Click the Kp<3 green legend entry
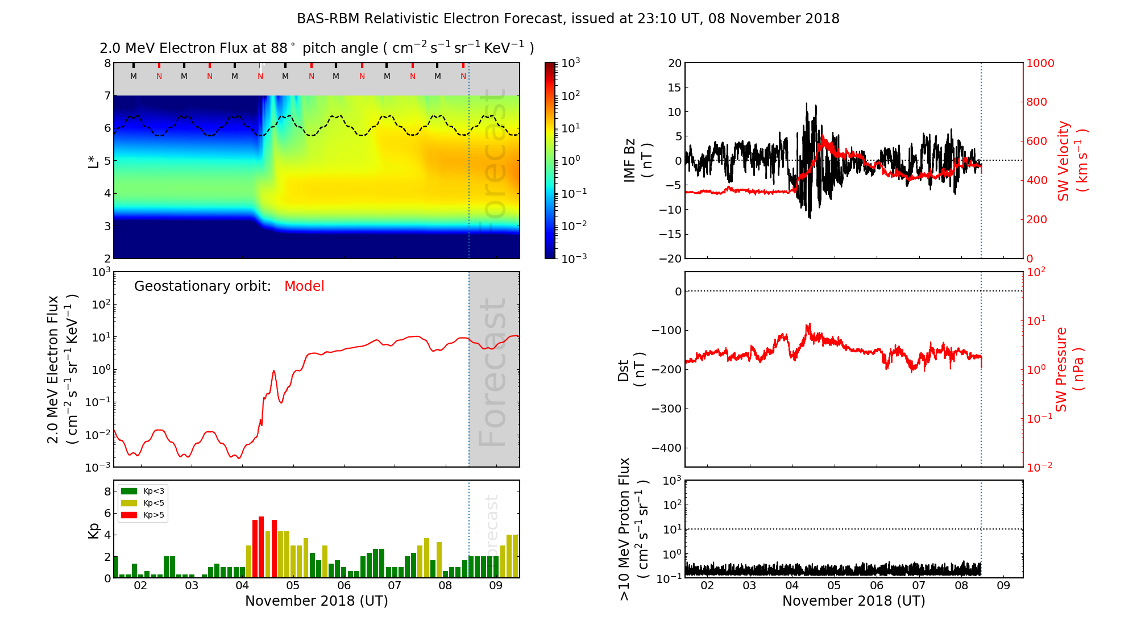click(x=143, y=491)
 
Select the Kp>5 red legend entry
click(x=143, y=515)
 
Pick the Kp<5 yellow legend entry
click(x=143, y=503)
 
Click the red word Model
click(x=304, y=286)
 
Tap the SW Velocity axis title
click(x=1072, y=161)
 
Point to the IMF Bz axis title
click(x=638, y=161)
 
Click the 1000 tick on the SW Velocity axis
click(x=1040, y=64)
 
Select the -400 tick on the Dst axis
click(x=666, y=448)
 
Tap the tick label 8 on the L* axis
click(x=107, y=63)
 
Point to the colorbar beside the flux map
click(x=550, y=160)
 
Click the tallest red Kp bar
click(x=262, y=547)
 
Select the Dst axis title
click(x=632, y=369)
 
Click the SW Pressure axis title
click(x=1070, y=369)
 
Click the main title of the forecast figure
click(x=568, y=19)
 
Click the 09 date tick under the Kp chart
click(x=496, y=586)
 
